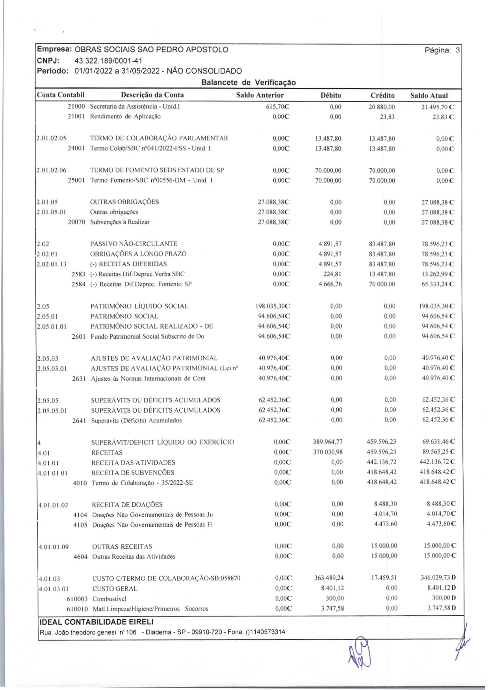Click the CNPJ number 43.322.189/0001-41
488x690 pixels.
(108, 61)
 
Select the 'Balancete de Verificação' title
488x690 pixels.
(248, 83)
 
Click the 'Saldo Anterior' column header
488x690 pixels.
(260, 95)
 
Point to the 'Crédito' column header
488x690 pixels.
(382, 95)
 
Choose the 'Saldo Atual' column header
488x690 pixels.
(429, 95)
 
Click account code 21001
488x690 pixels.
(76, 116)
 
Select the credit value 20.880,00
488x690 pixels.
(382, 107)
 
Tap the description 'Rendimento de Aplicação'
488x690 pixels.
(125, 116)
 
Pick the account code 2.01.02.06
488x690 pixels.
(51, 170)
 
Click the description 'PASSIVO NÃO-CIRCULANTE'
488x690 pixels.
(134, 244)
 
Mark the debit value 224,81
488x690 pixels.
(333, 274)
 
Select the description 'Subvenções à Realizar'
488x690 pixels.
(120, 222)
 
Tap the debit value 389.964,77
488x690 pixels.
(328, 442)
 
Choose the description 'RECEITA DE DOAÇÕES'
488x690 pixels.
(127, 505)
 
